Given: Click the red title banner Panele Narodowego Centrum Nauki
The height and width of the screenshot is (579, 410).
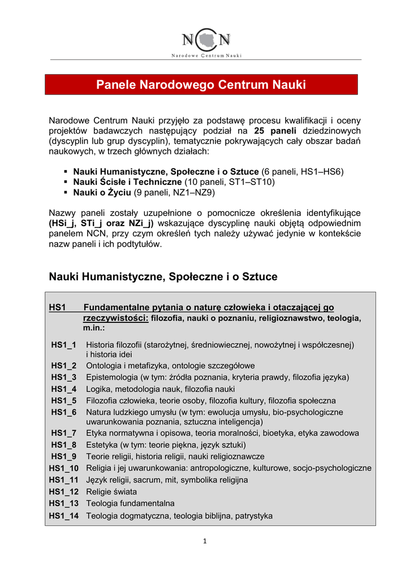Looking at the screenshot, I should point(201,85).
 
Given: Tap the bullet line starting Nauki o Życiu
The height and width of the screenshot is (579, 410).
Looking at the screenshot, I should point(144,192).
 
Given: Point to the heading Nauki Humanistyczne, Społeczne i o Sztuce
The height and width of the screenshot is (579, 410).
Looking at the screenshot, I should point(163,276).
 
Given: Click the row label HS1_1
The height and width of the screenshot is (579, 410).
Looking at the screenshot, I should point(63,344).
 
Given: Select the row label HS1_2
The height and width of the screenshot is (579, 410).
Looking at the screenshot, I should point(63,366).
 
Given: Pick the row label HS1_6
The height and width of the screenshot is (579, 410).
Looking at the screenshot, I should point(63,412).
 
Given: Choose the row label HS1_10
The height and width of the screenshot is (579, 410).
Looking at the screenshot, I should point(64,468).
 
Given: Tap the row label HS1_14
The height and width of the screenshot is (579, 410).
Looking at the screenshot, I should point(64,516).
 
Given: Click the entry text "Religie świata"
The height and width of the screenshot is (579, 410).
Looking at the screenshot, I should point(111,492).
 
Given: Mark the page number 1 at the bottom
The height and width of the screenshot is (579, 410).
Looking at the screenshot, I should point(205,541).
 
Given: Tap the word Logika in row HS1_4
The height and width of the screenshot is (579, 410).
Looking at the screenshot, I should point(97,389).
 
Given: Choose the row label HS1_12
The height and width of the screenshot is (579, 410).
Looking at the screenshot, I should point(64,492).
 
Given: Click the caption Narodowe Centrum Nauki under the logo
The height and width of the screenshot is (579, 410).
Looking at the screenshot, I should point(206,55).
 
